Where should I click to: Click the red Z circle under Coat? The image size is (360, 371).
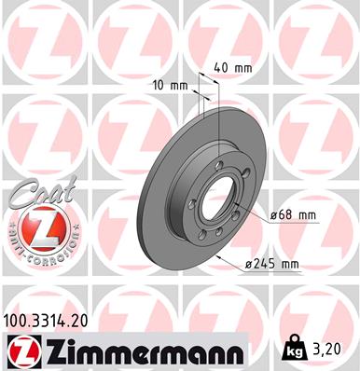pyautogui.click(x=35, y=226)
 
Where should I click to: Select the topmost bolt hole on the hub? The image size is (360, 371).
pyautogui.click(x=221, y=156)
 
